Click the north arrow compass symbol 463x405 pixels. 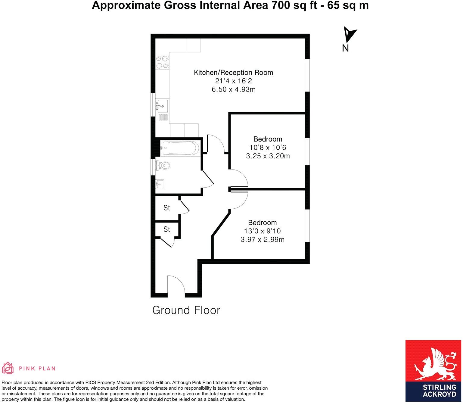[x=350, y=35]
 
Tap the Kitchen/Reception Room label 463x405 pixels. [x=233, y=73]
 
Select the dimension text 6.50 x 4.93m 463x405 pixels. [x=234, y=89]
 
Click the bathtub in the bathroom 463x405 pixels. [x=179, y=148]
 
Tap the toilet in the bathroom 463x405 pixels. [x=163, y=165]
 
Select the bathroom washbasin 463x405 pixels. [x=160, y=183]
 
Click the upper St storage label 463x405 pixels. [x=166, y=208]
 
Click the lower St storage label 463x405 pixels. [x=166, y=229]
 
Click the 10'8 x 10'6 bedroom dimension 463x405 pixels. [x=268, y=148]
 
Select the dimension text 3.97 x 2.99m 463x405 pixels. [x=263, y=240]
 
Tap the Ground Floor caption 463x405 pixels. [x=186, y=310]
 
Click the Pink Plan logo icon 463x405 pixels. [x=8, y=368]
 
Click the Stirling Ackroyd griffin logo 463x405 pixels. [x=433, y=365]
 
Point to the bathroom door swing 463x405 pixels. [x=208, y=179]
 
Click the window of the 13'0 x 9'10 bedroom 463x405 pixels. [x=307, y=226]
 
